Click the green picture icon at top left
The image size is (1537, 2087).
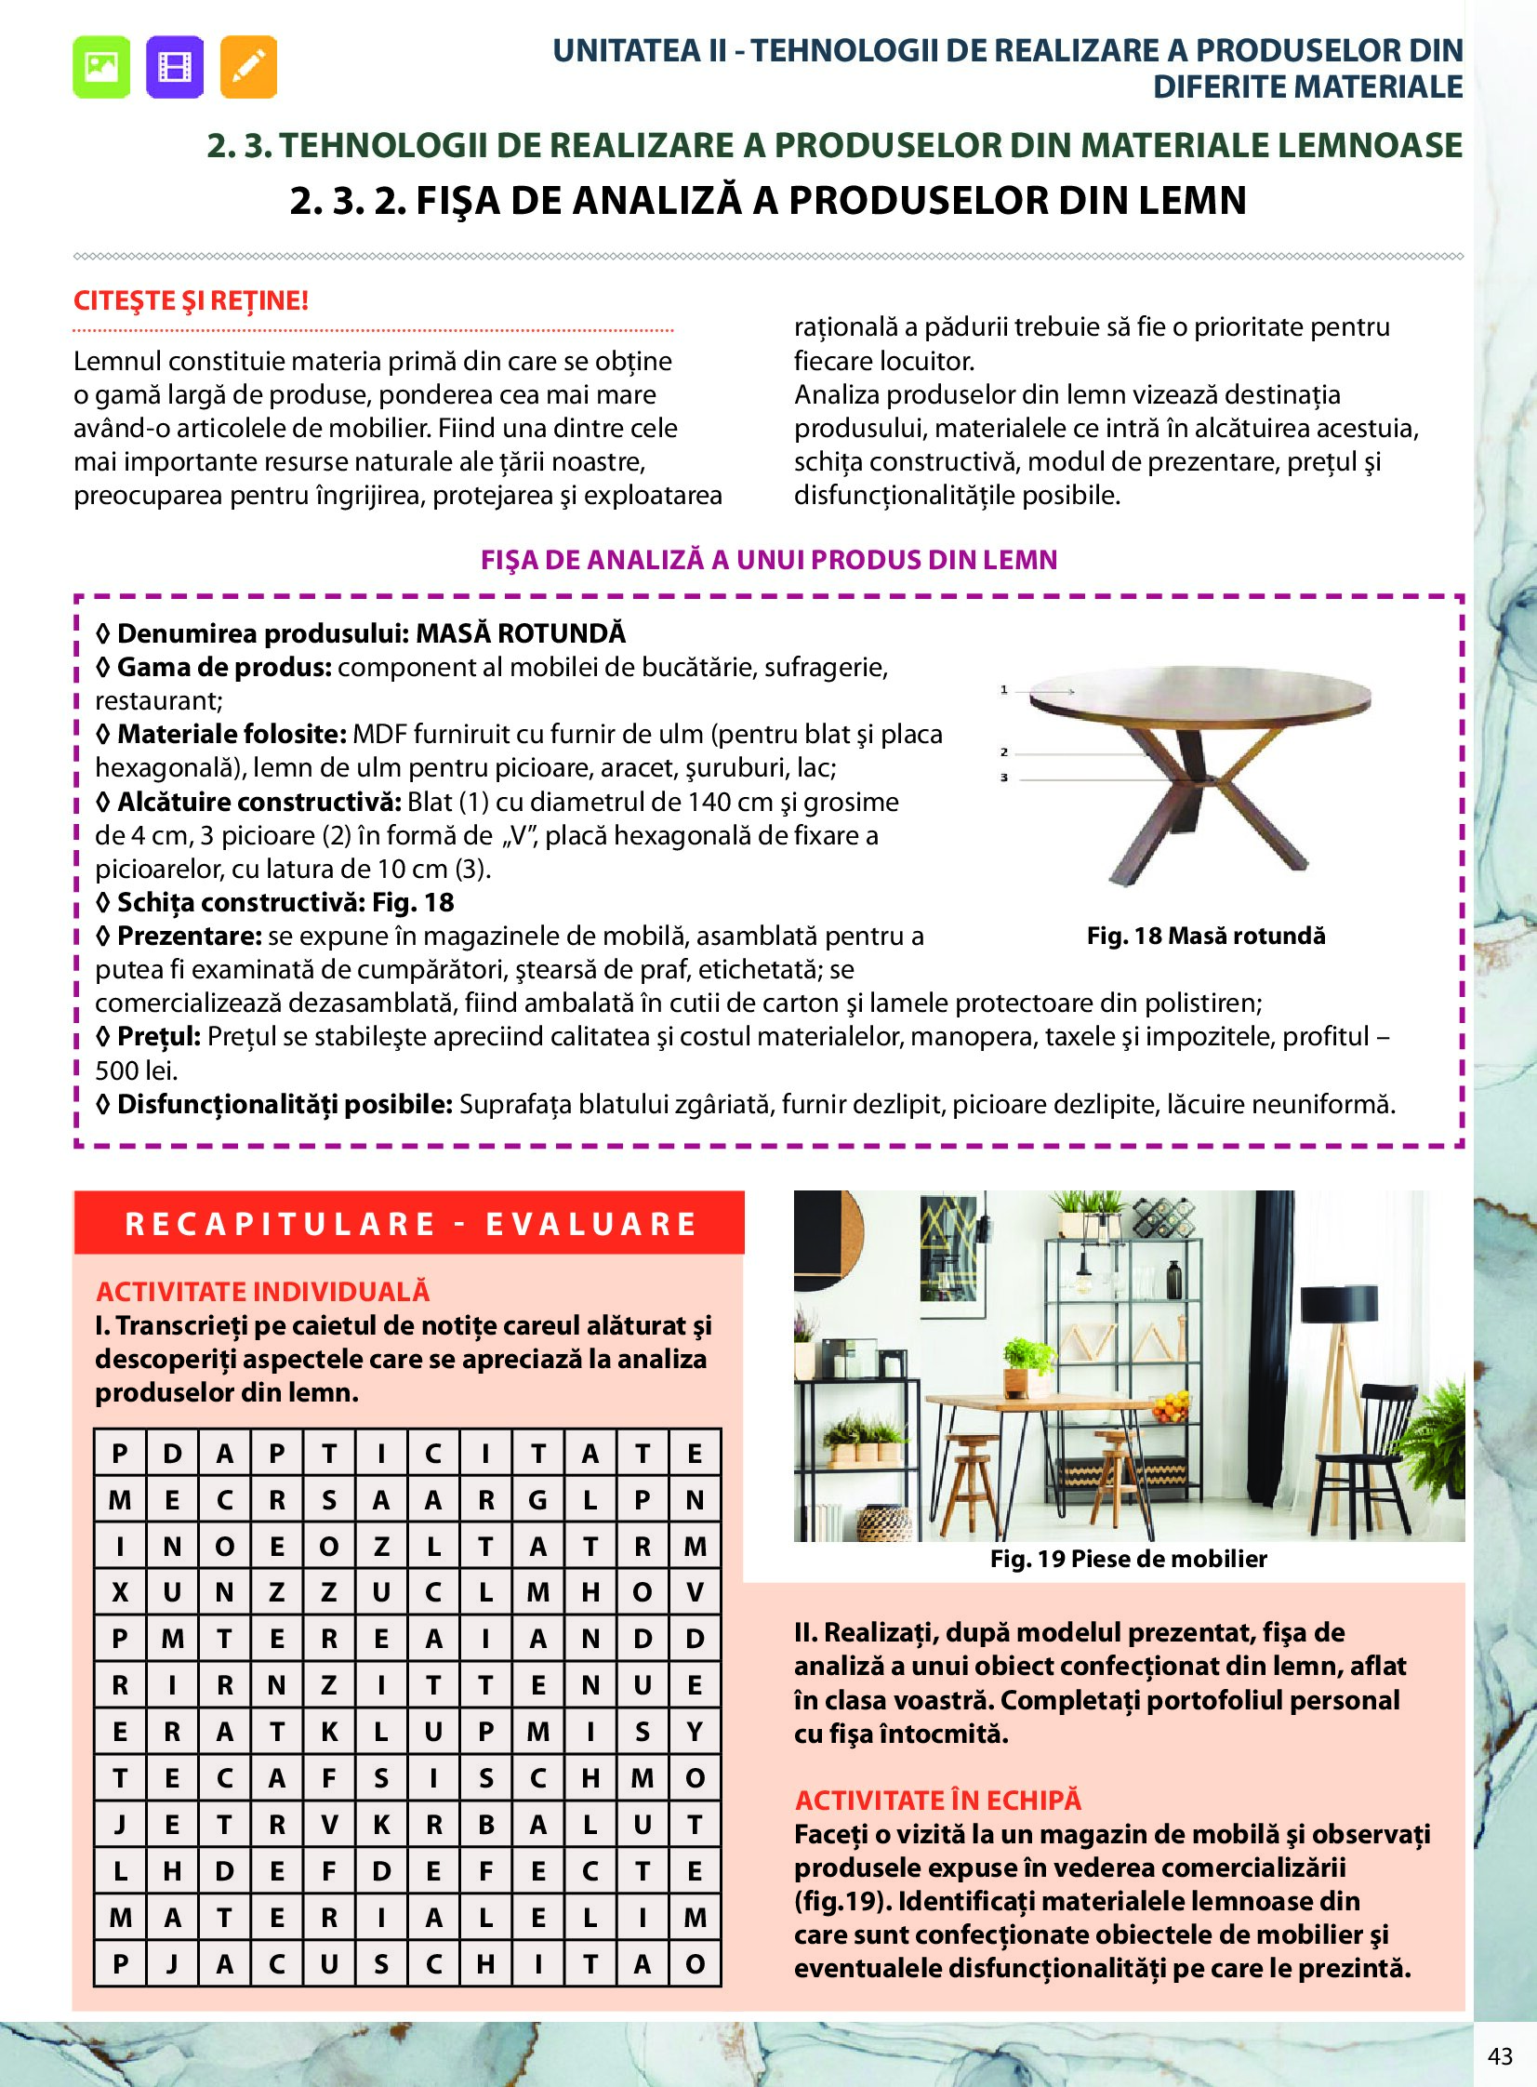pos(100,67)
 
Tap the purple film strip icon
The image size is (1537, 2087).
pos(174,67)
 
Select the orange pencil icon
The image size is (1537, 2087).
pos(248,67)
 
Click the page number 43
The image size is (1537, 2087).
pos(1500,2055)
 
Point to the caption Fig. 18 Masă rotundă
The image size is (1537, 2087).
pos(1206,936)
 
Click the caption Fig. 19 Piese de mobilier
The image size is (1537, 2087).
pos(1128,1559)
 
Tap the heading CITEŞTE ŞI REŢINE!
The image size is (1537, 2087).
pos(191,300)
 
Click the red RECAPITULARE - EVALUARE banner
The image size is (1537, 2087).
pos(409,1224)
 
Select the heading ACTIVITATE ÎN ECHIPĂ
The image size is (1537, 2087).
pos(938,1801)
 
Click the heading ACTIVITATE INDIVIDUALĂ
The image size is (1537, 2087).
pos(262,1292)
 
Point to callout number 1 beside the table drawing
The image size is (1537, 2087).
pos(1004,689)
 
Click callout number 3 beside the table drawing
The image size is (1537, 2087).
pos(1004,777)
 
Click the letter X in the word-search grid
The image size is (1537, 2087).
pos(120,1592)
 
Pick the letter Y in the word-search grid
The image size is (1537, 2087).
pos(694,1732)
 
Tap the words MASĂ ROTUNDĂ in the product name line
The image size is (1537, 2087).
pos(520,633)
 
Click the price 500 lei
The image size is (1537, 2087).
pos(136,1070)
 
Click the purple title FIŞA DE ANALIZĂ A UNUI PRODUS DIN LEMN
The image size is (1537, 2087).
pos(768,560)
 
